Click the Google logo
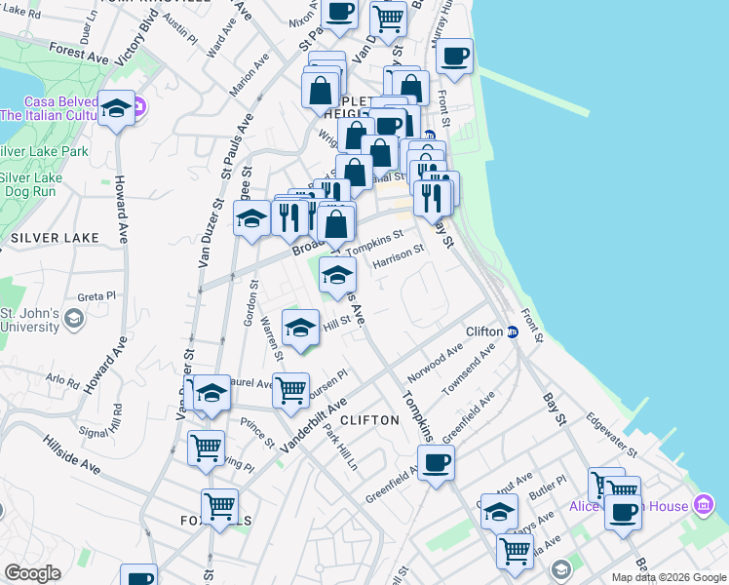32,573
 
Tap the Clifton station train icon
512,331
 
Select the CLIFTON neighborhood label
371,420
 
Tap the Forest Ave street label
78,54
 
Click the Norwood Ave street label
435,364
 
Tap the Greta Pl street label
96,295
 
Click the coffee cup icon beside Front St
454,56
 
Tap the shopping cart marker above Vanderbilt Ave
290,390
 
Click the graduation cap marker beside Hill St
301,327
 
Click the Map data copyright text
669,577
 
